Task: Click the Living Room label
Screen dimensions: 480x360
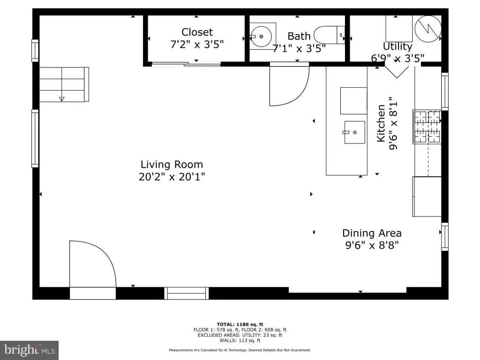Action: pyautogui.click(x=172, y=165)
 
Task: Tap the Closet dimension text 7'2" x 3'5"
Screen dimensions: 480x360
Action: pyautogui.click(x=197, y=45)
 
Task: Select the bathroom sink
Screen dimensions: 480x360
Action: pyautogui.click(x=261, y=36)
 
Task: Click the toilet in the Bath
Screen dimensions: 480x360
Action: pyautogui.click(x=330, y=35)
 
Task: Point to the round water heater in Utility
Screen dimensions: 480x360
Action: pyautogui.click(x=428, y=29)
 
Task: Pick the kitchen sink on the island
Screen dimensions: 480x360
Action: pyautogui.click(x=354, y=132)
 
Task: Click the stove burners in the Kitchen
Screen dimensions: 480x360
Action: pyautogui.click(x=427, y=127)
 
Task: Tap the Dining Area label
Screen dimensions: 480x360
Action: pyautogui.click(x=372, y=233)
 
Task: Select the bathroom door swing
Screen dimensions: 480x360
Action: pyautogui.click(x=289, y=84)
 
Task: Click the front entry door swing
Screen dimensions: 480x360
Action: pyautogui.click(x=93, y=264)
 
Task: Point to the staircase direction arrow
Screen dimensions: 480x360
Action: pyautogui.click(x=61, y=99)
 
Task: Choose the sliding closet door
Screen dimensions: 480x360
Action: pyautogui.click(x=186, y=64)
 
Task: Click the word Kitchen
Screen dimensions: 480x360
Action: pyautogui.click(x=381, y=123)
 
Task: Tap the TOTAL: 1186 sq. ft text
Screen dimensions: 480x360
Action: pyautogui.click(x=240, y=324)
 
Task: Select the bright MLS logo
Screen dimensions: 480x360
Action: pyautogui.click(x=30, y=350)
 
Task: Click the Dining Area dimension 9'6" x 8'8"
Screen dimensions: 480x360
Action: pyautogui.click(x=372, y=245)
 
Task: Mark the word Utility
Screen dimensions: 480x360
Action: pyautogui.click(x=397, y=46)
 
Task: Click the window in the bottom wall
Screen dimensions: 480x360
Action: pyautogui.click(x=187, y=293)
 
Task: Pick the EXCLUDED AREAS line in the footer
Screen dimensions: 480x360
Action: pyautogui.click(x=240, y=335)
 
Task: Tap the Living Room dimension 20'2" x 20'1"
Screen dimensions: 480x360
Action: pyautogui.click(x=172, y=177)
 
